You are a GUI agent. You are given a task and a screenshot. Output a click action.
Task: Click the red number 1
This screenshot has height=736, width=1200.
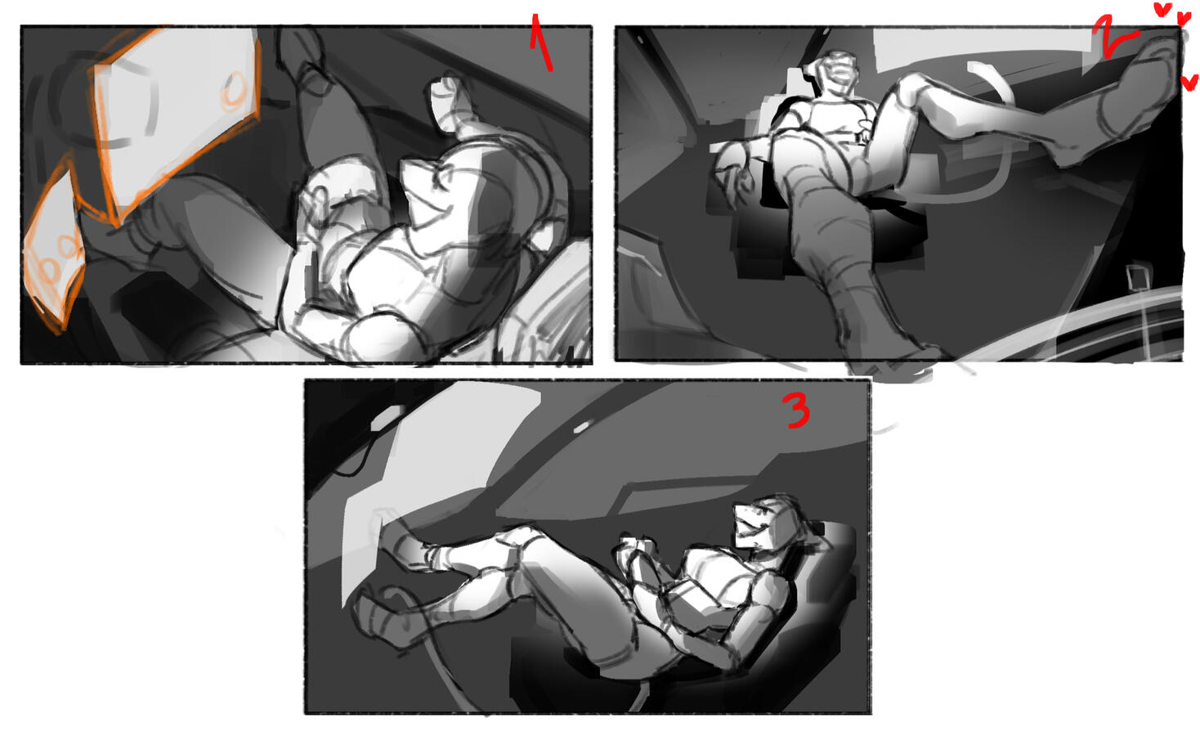(x=540, y=43)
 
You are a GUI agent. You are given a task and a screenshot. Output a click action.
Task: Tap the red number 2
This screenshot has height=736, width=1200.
(x=1113, y=37)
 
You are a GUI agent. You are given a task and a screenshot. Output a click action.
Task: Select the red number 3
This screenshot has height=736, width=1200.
(x=798, y=410)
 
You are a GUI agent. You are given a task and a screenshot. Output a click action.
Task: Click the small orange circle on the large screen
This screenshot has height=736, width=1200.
(x=234, y=88)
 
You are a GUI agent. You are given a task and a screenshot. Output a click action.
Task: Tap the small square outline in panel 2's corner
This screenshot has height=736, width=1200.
(x=1135, y=277)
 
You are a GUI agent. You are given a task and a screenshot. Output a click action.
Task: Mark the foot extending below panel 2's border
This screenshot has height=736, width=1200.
(x=889, y=365)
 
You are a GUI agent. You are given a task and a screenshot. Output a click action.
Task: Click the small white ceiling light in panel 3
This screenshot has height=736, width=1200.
(x=582, y=427)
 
